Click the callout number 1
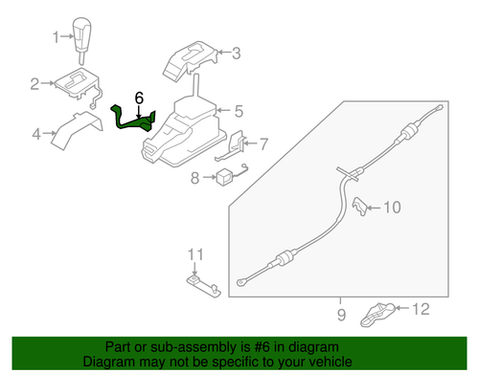click(x=55, y=37)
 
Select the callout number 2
click(x=34, y=84)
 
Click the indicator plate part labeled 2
click(x=76, y=85)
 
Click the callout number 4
click(x=36, y=135)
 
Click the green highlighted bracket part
click(x=133, y=119)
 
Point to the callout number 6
click(x=139, y=97)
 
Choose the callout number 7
click(x=264, y=144)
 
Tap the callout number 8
click(x=194, y=177)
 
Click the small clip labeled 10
click(x=361, y=206)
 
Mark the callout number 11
click(x=195, y=253)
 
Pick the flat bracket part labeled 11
click(x=199, y=281)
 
